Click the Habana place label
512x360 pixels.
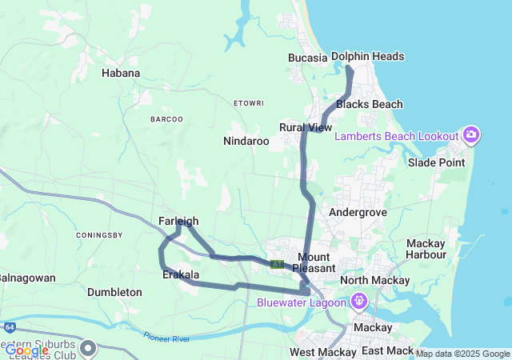coord(121,73)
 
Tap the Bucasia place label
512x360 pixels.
coord(308,58)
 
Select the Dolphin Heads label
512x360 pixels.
coord(367,56)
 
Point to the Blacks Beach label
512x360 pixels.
coord(370,104)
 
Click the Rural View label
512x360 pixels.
coord(306,127)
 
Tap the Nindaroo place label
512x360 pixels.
coord(246,141)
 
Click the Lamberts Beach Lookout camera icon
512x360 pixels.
coord(471,134)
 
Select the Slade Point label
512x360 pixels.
coord(436,162)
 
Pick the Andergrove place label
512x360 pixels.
coord(358,212)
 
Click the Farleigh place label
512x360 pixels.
coord(178,221)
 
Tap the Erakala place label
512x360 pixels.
coord(179,274)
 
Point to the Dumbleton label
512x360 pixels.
coord(114,292)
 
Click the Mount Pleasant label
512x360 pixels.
coord(319,262)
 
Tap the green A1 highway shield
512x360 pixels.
coord(278,263)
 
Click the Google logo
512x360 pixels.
coord(26,350)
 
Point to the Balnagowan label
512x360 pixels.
coord(26,278)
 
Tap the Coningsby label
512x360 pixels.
coord(99,235)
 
